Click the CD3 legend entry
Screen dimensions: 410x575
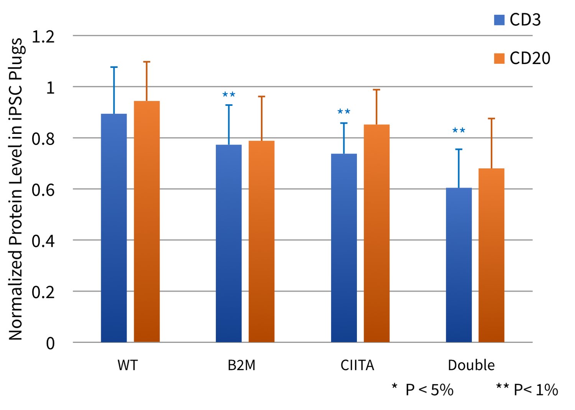click(x=517, y=20)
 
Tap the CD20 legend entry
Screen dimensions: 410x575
click(x=522, y=58)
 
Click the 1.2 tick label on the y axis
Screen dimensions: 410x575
click(x=43, y=37)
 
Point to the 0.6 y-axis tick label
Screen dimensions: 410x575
click(x=43, y=190)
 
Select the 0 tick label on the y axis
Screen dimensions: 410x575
click(x=50, y=343)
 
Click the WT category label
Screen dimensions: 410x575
click(x=127, y=365)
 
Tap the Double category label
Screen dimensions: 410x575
click(x=471, y=365)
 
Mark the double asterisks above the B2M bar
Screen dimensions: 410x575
click(x=229, y=94)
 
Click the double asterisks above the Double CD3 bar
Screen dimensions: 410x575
click(x=459, y=131)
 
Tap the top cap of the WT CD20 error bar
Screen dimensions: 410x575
click(x=146, y=62)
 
